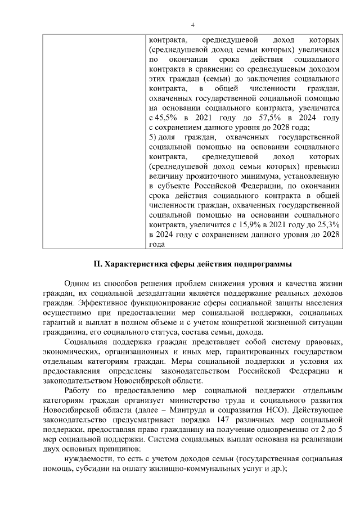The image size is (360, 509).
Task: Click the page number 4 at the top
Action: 192,25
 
